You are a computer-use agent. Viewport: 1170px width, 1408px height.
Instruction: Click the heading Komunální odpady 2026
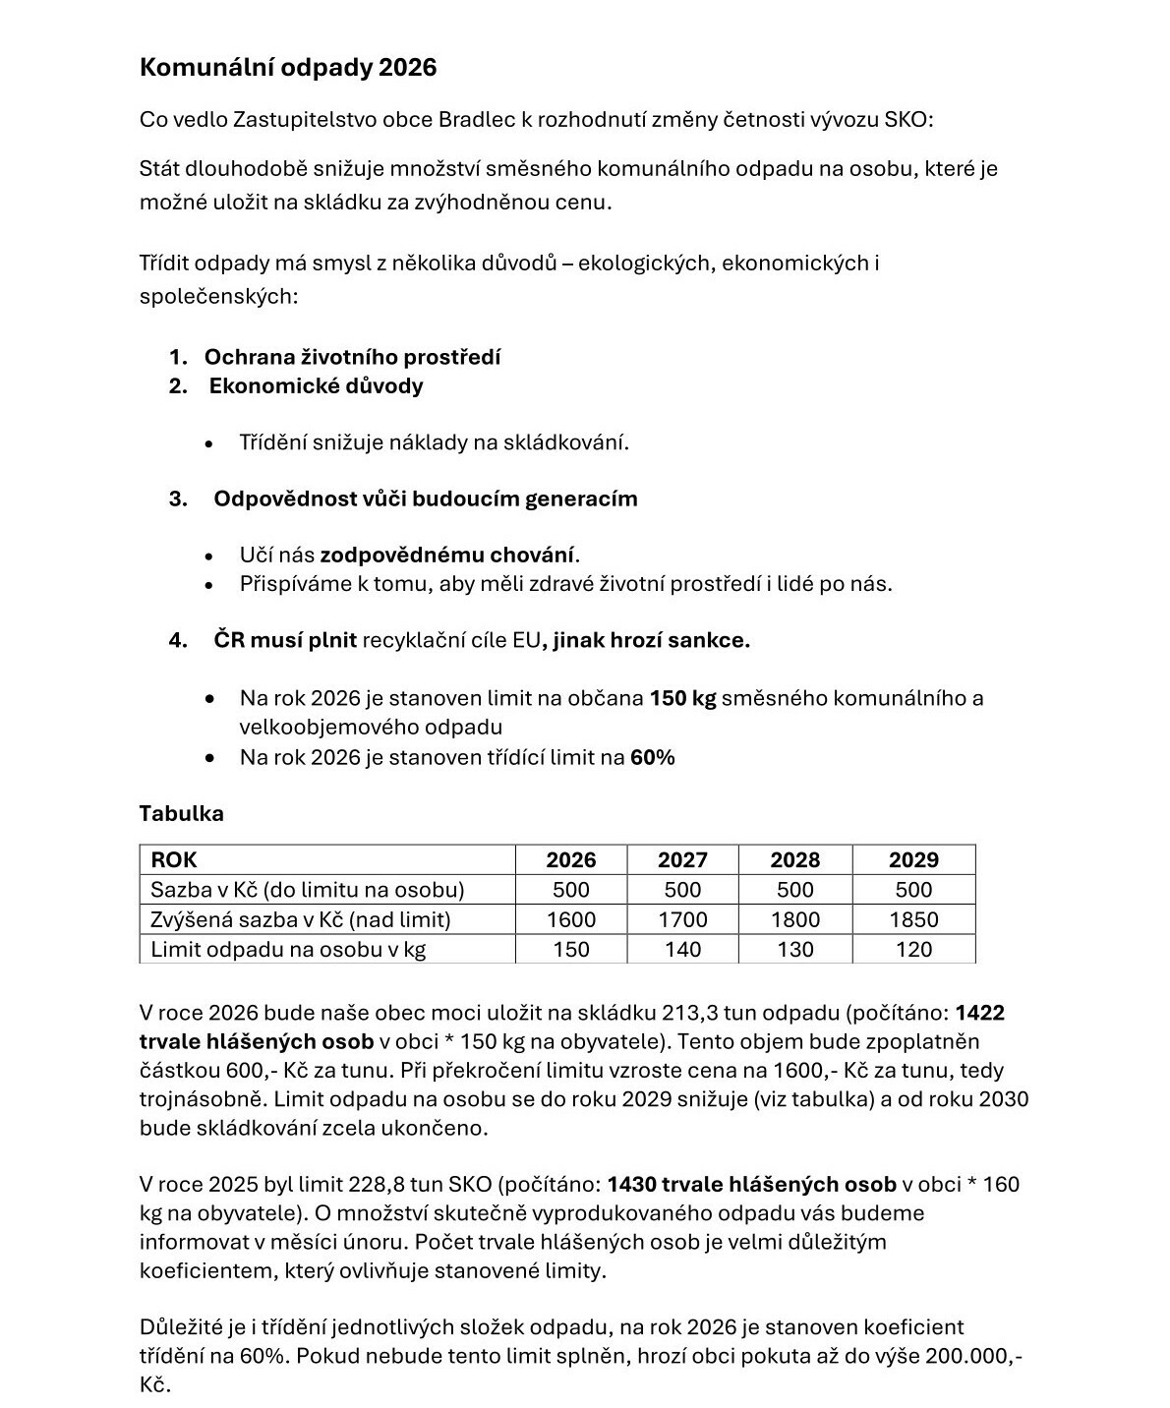coord(288,67)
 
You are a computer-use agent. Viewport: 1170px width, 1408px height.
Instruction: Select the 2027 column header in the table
coord(682,859)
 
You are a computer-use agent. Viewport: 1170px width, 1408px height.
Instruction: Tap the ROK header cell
coord(174,859)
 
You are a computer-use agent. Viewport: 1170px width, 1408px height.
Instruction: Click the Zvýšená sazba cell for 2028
coord(794,919)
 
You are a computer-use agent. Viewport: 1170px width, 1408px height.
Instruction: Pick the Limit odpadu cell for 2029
coord(913,949)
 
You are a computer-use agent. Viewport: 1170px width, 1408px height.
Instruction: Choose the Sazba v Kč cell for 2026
coord(570,890)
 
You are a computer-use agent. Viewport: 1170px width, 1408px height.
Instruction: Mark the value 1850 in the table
coord(913,919)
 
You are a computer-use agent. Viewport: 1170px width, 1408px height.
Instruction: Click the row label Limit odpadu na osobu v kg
coord(288,949)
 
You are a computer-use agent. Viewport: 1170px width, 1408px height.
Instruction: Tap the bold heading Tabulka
coord(182,813)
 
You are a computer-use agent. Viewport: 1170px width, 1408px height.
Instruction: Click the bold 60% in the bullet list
coord(653,757)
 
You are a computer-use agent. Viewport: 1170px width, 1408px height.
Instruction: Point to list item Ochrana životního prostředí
coord(352,357)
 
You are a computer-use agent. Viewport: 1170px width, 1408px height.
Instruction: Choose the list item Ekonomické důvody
coord(316,385)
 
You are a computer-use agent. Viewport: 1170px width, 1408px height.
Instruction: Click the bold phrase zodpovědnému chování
coord(447,555)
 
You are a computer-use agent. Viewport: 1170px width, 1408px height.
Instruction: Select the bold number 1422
coord(979,1013)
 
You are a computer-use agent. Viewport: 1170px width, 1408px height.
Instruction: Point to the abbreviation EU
coord(526,640)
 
